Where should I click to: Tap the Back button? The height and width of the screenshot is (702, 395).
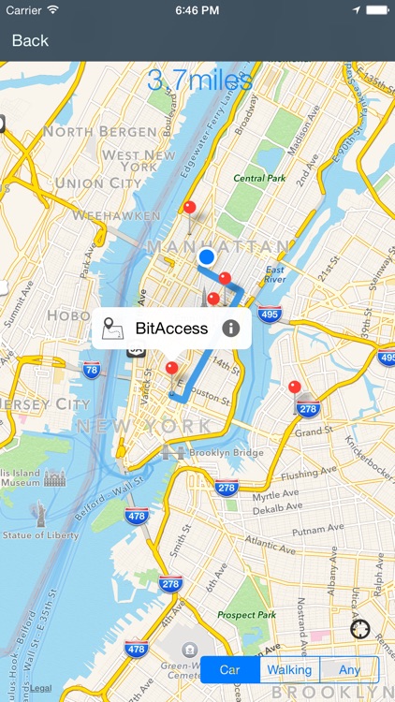30,40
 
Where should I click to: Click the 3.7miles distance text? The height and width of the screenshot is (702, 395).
199,80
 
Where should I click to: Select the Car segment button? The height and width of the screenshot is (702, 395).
231,669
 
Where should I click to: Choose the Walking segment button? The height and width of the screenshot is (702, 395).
289,669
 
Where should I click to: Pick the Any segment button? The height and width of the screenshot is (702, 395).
349,669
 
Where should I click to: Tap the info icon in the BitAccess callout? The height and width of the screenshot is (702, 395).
230,329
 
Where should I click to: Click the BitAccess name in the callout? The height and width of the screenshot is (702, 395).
171,329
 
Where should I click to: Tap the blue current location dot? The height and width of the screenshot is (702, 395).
207,256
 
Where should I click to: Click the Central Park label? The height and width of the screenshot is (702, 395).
258,178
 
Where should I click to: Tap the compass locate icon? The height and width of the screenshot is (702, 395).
360,628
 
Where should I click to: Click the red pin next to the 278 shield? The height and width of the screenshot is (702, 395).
295,388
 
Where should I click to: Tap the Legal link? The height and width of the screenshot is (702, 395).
40,688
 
